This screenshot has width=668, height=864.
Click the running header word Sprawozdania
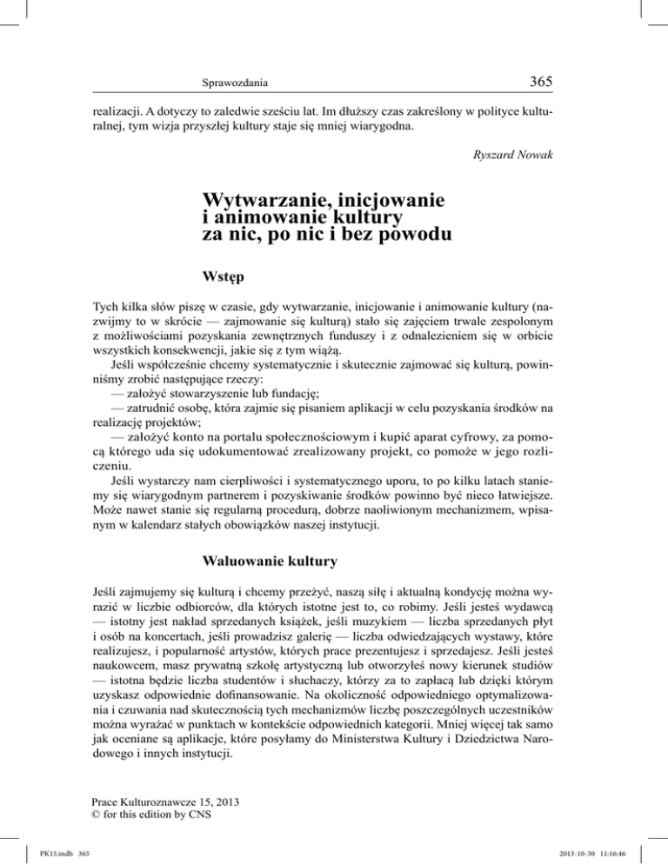(233, 84)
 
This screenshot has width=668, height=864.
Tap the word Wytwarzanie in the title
(261, 202)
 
